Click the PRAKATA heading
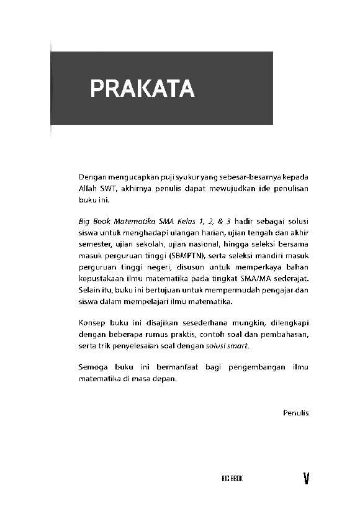[142, 89]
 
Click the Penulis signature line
[295, 412]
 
